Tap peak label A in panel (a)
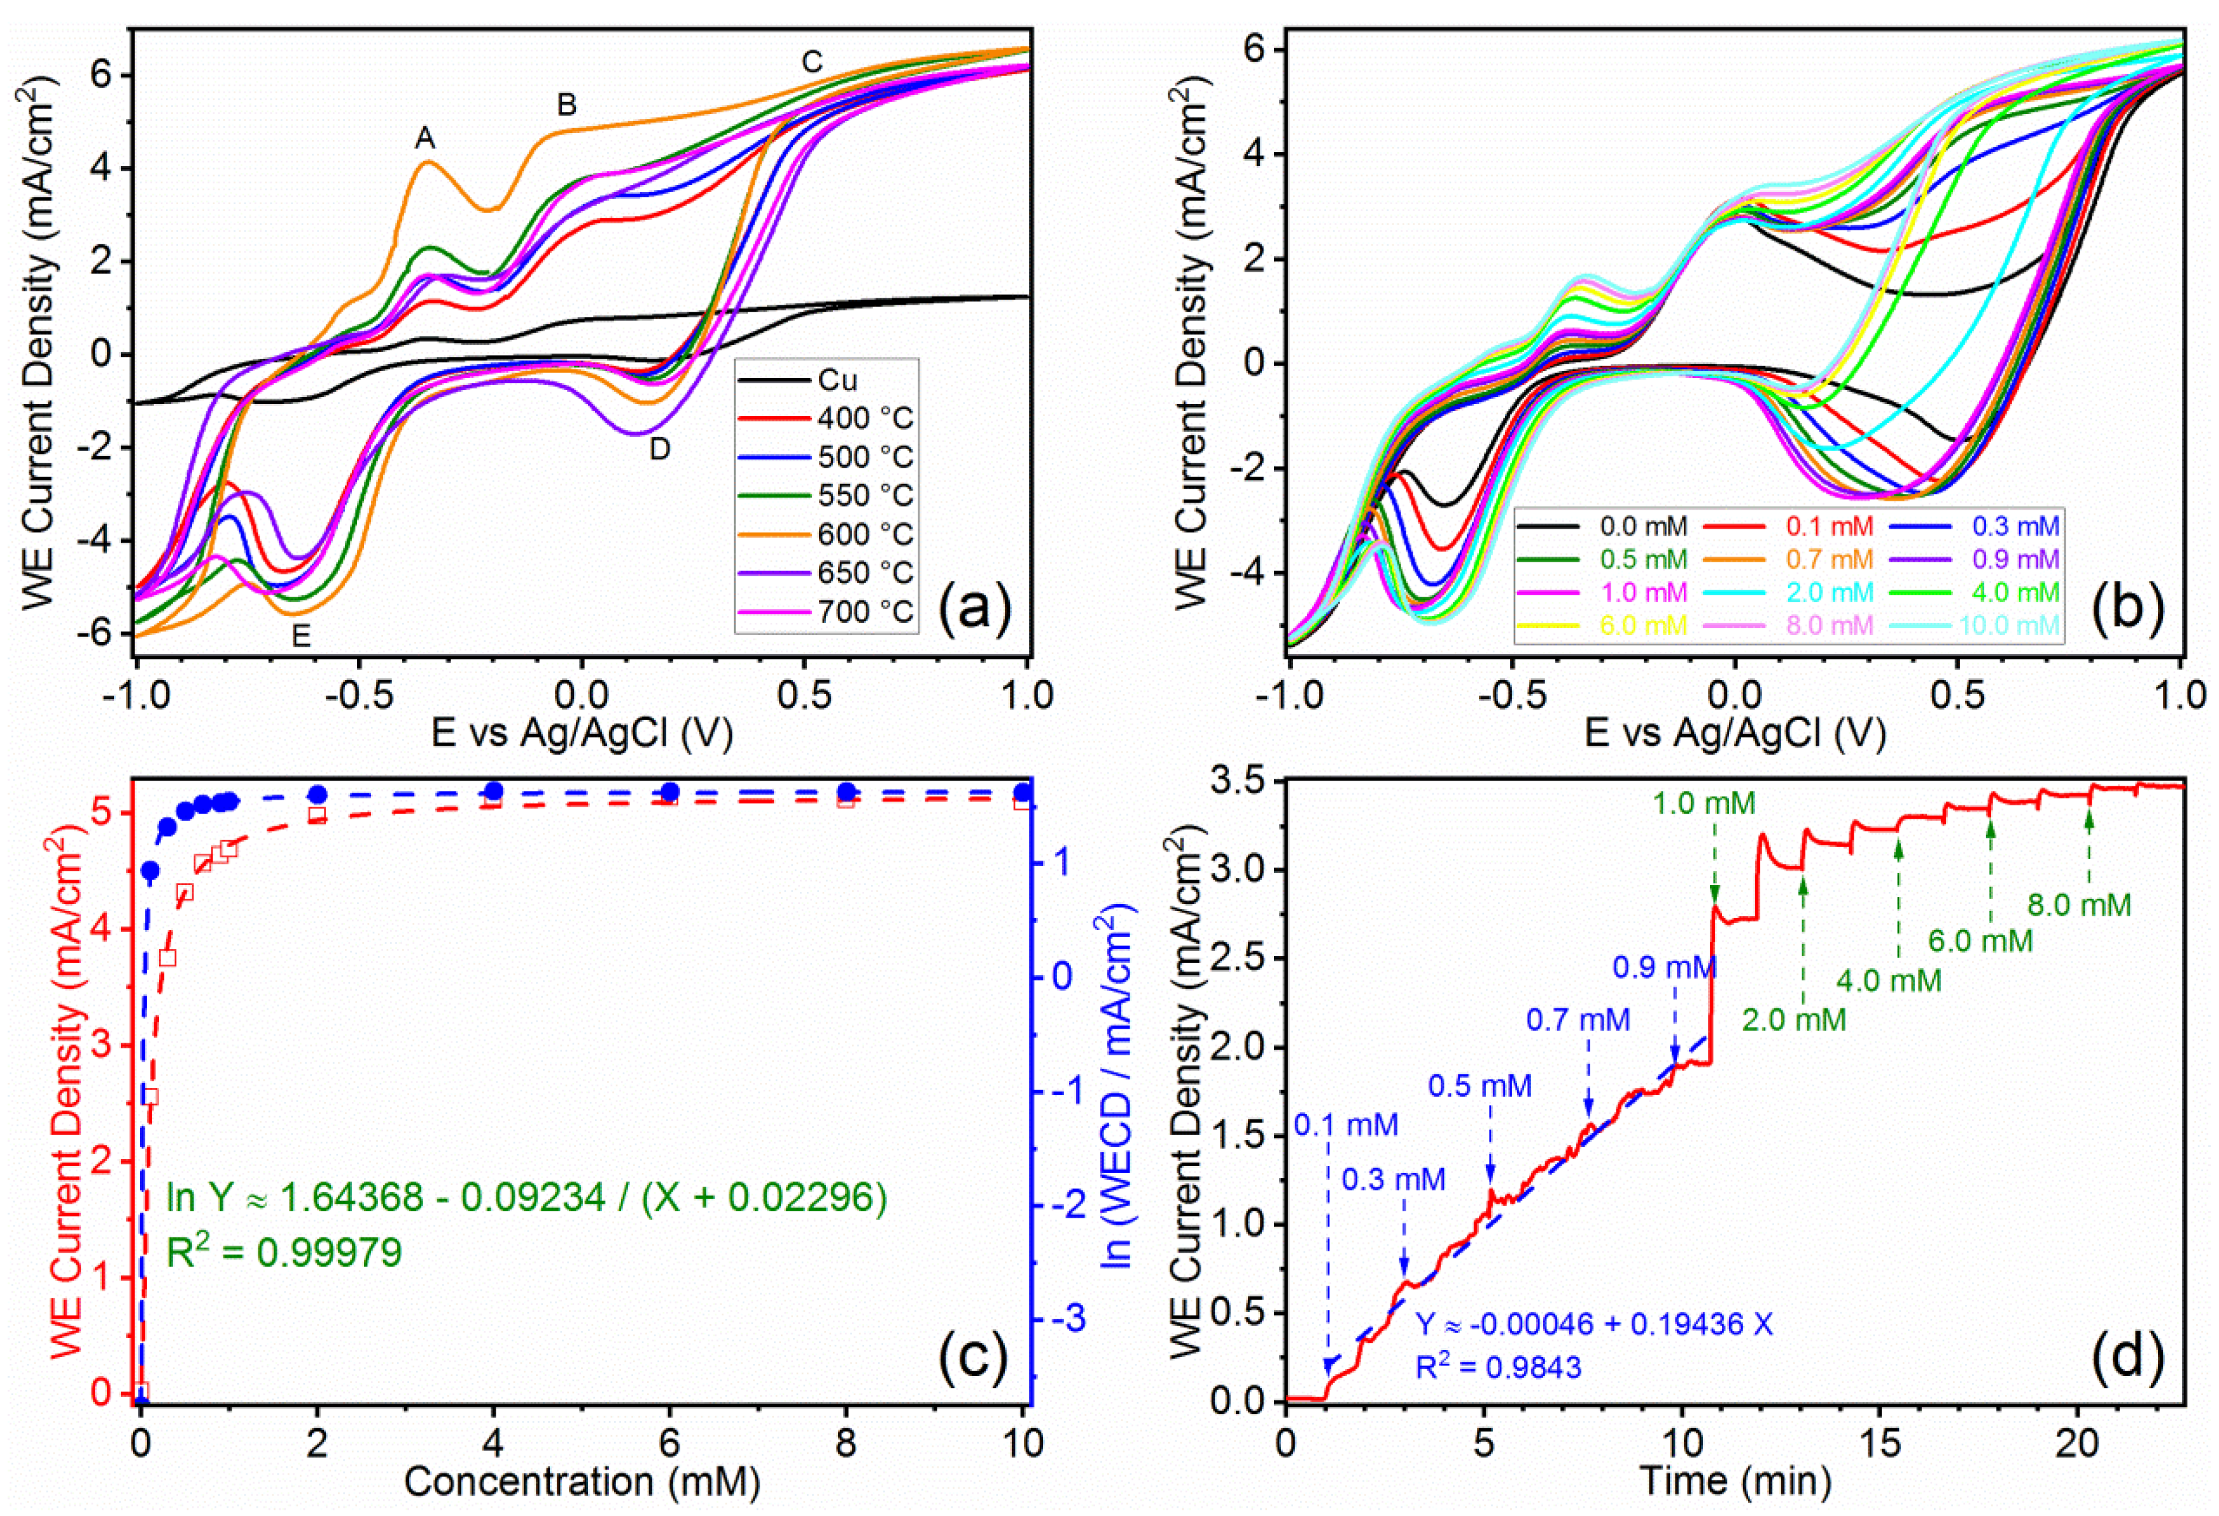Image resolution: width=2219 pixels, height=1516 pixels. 425,139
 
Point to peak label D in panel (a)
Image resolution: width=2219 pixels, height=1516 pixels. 660,450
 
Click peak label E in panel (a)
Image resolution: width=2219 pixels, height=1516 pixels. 301,636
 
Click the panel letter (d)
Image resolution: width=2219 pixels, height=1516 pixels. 2126,1356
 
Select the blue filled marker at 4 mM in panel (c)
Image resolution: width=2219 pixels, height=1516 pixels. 494,791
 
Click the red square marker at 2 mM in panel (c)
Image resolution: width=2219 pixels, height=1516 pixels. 317,814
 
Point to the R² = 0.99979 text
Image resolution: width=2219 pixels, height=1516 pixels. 284,1251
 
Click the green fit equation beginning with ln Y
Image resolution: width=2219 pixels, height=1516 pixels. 527,1196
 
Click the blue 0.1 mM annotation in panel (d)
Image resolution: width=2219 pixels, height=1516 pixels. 1345,1125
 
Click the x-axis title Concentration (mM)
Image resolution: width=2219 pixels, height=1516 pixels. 582,1482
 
